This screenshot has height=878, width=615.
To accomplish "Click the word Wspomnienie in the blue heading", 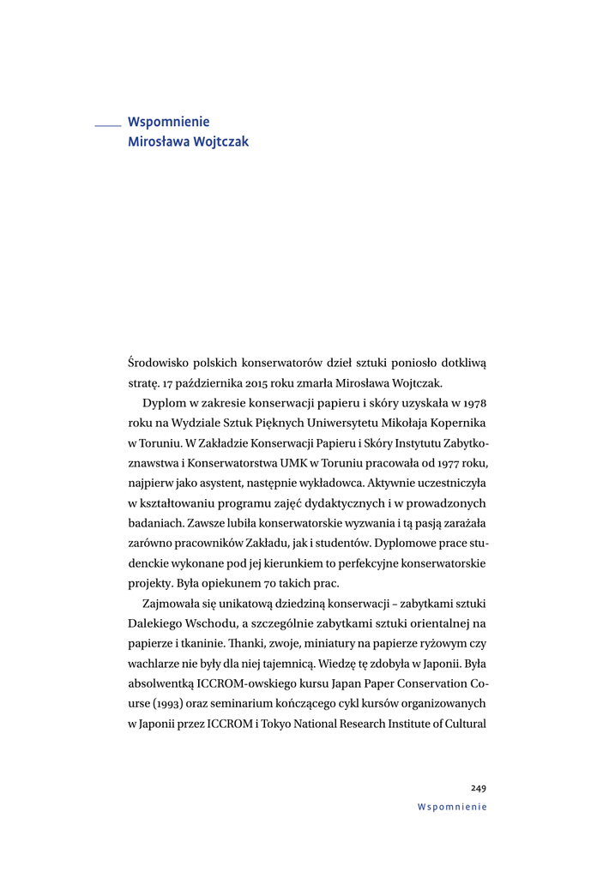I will (x=168, y=123).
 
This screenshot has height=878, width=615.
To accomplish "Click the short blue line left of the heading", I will (x=108, y=126).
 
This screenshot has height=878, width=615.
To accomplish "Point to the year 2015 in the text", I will (x=238, y=383).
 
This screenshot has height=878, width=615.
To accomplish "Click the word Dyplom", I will (x=163, y=404).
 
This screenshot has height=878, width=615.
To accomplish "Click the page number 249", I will (x=479, y=788).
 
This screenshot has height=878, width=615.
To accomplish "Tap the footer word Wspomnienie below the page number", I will (x=452, y=807).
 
